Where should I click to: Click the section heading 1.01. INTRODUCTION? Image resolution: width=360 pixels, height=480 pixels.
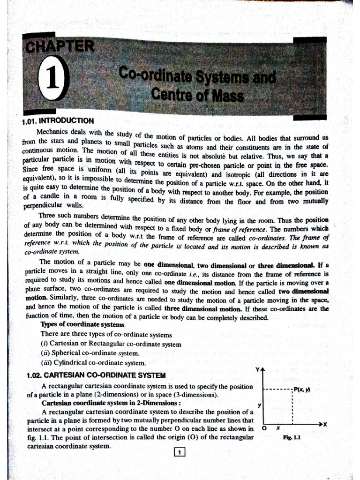(x=58, y=121)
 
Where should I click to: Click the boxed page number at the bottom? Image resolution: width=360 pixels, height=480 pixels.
(x=180, y=452)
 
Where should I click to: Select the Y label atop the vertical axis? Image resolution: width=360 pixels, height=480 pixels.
(x=257, y=370)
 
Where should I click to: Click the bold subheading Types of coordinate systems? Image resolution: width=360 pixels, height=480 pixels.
(x=82, y=324)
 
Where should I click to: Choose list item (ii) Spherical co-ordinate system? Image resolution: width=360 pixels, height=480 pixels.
(x=90, y=353)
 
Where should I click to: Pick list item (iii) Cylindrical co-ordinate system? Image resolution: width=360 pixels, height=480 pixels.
(x=93, y=362)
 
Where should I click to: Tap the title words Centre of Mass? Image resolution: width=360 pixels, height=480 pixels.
(x=197, y=96)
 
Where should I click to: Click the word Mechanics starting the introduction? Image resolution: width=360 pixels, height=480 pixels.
(x=54, y=133)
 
